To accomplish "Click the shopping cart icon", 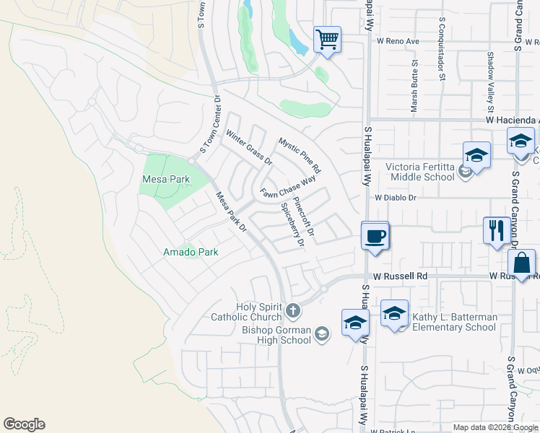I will click(327, 39).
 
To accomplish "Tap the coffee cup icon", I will click(375, 235).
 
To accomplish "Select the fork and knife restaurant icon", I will click(496, 230).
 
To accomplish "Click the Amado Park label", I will click(191, 252).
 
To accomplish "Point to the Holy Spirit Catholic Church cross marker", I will click(292, 311).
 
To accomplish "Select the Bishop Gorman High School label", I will click(276, 336).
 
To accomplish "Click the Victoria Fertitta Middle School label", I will click(419, 172).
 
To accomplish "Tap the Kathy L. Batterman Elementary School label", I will click(454, 322).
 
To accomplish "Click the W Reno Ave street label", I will click(397, 41).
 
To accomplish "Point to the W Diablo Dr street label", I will click(396, 197).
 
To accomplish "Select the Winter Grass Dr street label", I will click(248, 146).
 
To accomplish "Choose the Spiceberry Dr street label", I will click(292, 224).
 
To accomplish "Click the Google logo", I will click(24, 424).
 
